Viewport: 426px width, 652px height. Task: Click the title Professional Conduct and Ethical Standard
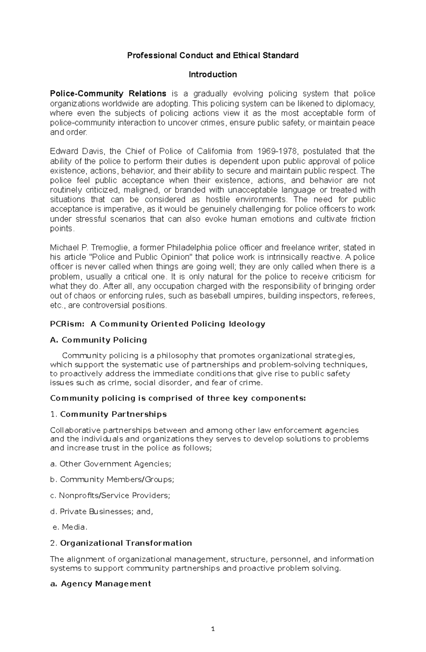click(x=213, y=55)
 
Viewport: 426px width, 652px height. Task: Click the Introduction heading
click(x=213, y=75)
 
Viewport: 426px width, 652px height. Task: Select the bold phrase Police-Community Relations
click(x=108, y=94)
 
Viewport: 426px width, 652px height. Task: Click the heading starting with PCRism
click(x=158, y=324)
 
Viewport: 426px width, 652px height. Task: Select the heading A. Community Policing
click(x=99, y=340)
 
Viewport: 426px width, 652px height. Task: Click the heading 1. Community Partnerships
click(x=108, y=414)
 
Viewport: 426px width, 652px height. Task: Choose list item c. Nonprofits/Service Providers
click(x=110, y=496)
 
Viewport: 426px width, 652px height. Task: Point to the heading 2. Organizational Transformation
click(x=121, y=543)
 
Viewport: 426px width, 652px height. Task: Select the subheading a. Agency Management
click(x=101, y=584)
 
